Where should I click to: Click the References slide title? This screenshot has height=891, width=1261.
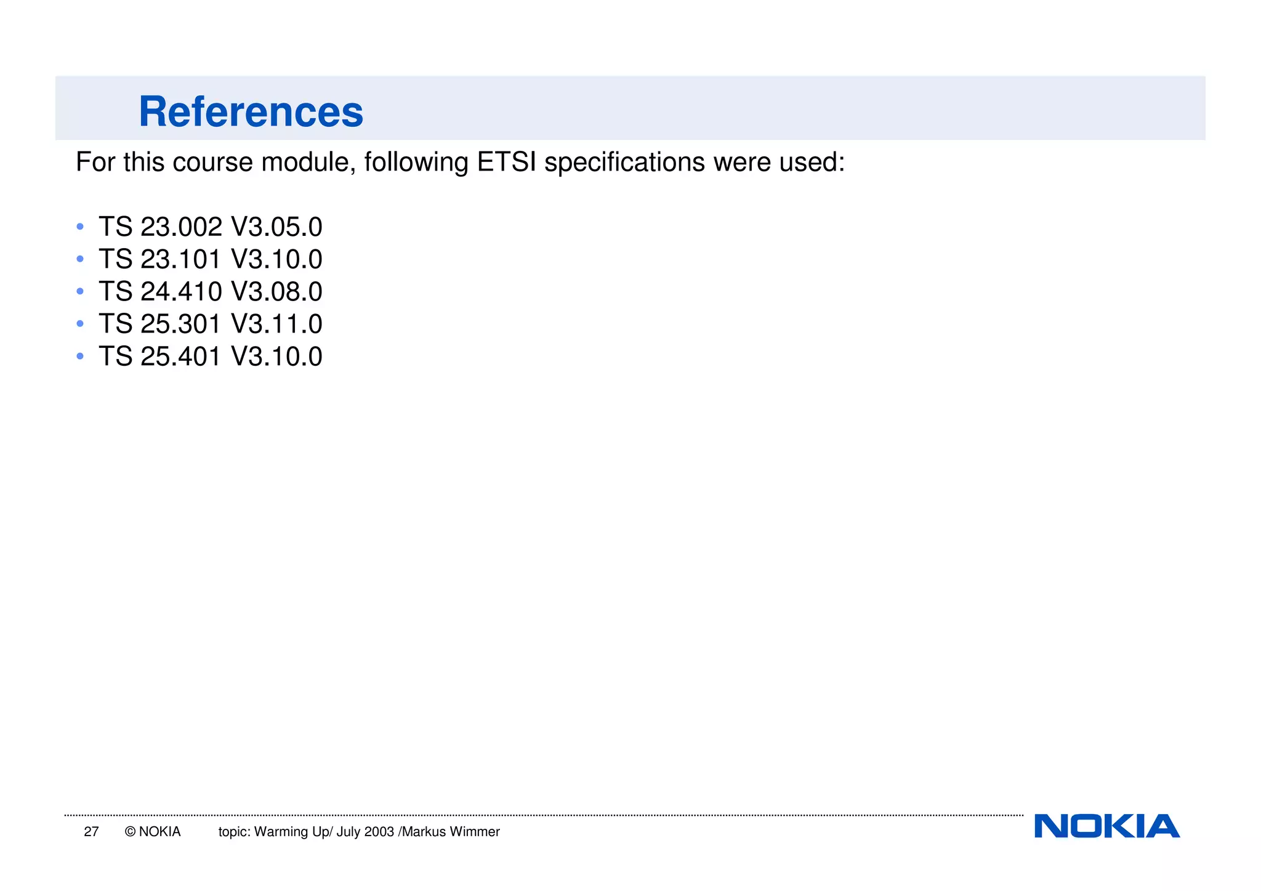click(251, 112)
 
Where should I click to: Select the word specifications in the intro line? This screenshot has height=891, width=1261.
click(624, 163)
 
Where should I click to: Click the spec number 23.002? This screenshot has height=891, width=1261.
click(181, 227)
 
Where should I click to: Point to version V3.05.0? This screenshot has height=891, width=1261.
click(276, 227)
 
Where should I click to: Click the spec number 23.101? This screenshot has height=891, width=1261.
click(181, 259)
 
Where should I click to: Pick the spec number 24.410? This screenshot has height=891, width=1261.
click(181, 292)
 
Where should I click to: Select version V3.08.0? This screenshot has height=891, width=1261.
click(276, 292)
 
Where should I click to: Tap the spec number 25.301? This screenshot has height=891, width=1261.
click(181, 324)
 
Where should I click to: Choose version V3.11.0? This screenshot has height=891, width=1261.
click(276, 324)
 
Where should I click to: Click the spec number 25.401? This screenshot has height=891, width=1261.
click(181, 357)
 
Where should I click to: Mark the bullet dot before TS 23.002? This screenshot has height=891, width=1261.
click(80, 227)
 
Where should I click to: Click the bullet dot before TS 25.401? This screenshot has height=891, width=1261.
click(80, 356)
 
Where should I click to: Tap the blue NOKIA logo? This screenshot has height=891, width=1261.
click(1106, 826)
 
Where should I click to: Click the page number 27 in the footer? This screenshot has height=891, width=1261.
click(91, 832)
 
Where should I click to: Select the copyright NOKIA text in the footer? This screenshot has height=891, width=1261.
click(153, 832)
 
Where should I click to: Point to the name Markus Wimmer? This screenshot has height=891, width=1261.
click(451, 832)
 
